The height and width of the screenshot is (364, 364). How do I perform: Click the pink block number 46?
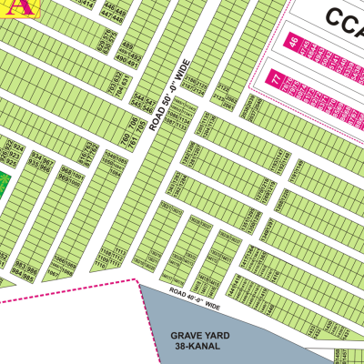coord(293,42)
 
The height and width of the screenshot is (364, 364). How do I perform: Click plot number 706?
coord(133,120)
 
